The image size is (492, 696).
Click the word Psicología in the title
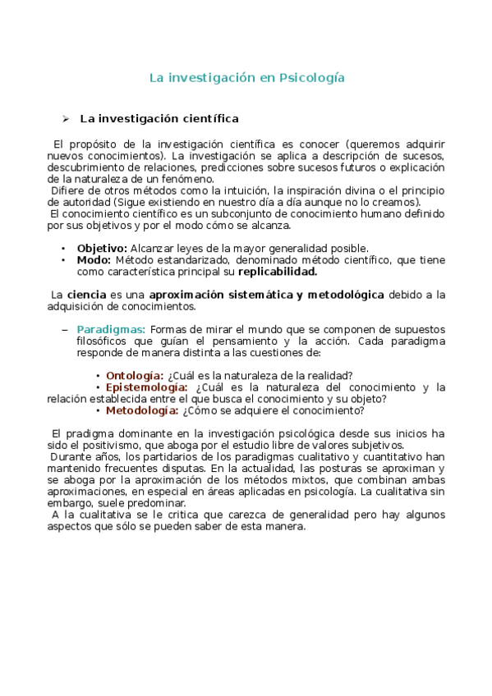point(312,78)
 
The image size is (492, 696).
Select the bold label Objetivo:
point(102,249)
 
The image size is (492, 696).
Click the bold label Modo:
point(94,260)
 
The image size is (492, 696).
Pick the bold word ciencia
point(86,295)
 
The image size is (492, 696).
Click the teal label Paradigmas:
point(111,329)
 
